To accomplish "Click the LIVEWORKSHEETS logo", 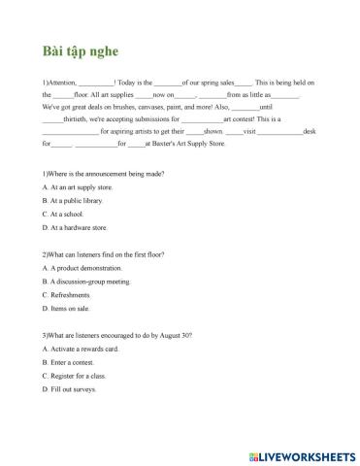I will (297, 453).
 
